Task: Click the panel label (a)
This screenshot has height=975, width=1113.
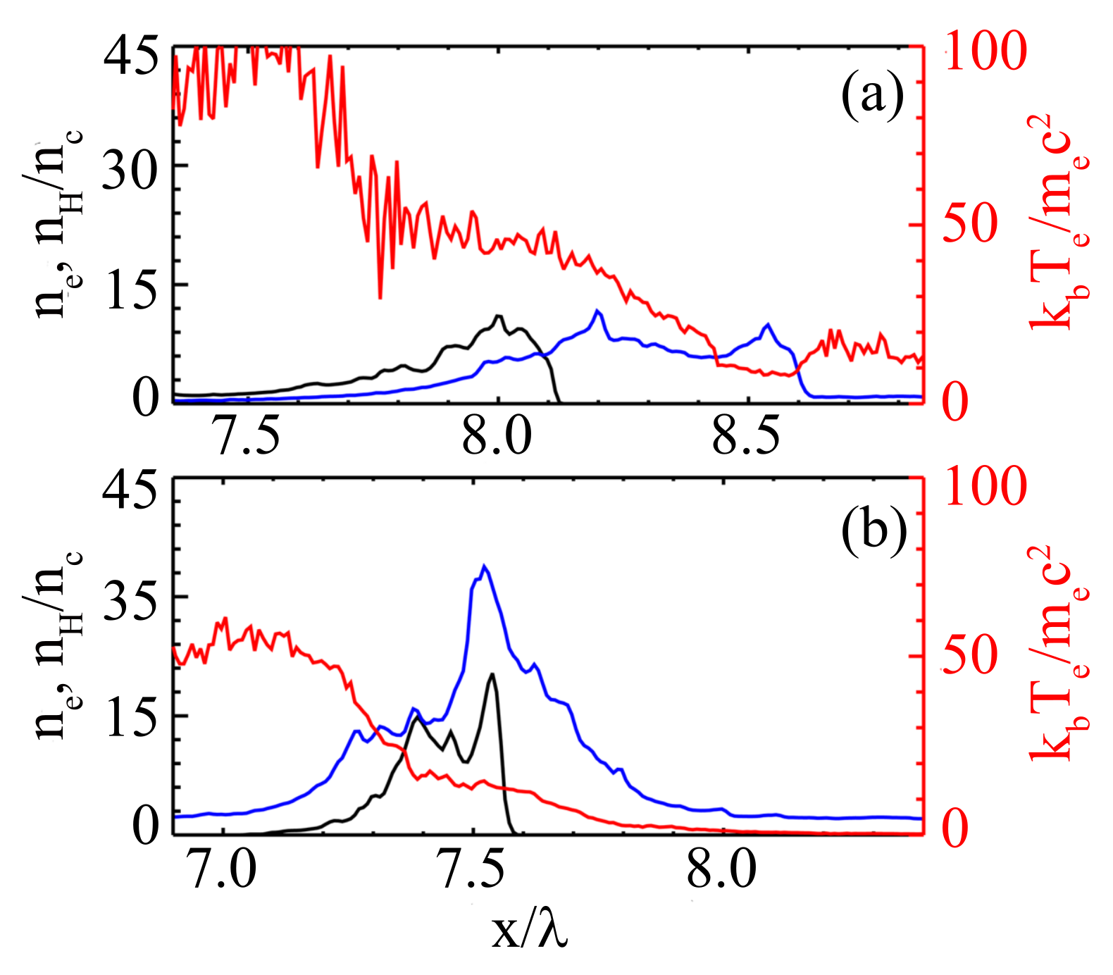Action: [x=872, y=97]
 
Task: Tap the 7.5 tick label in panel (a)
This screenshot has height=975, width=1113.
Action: [x=247, y=436]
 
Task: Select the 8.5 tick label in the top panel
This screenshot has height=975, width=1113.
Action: [x=746, y=436]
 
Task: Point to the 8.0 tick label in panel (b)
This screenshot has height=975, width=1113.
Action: [x=721, y=869]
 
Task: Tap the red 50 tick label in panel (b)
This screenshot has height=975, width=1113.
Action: [x=971, y=655]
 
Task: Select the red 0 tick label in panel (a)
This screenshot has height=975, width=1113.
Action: [x=955, y=402]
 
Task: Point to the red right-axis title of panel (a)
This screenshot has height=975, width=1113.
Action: [x=1057, y=222]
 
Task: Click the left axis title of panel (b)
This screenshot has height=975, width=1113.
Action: [x=60, y=645]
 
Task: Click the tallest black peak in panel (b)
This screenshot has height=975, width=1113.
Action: [x=492, y=674]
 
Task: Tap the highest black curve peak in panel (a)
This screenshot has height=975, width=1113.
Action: [x=499, y=316]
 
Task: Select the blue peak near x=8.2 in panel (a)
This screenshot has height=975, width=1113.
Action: [x=597, y=311]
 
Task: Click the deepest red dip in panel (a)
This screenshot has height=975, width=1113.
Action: [x=380, y=297]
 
